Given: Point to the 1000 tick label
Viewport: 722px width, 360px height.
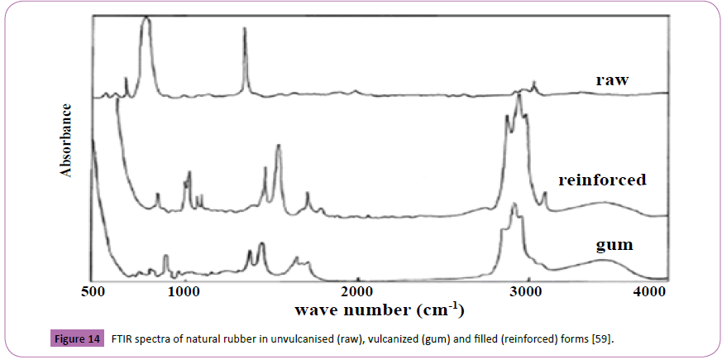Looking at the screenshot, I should click(185, 292).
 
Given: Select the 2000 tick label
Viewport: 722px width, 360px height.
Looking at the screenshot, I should click(358, 292).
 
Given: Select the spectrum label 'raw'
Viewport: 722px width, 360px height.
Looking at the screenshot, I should click(613, 80).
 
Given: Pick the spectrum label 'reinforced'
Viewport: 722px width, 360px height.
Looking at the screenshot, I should click(602, 180).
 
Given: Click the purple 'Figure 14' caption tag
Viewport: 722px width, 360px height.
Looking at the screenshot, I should click(77, 339).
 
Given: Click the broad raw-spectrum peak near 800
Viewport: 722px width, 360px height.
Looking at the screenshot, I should click(146, 20).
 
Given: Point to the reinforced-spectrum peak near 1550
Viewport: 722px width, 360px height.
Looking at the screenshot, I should click(279, 146).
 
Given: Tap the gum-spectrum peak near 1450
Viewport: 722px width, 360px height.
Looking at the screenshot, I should click(261, 244).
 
